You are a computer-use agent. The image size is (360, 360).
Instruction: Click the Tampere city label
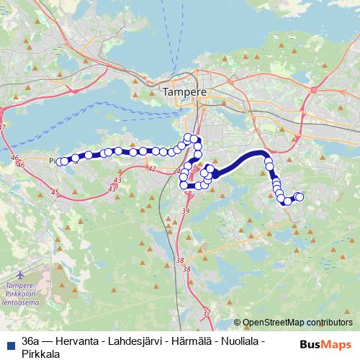[x=184, y=92]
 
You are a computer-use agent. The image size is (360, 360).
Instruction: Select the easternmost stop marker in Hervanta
[x=300, y=197]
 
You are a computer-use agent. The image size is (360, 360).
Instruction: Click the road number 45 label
[x=55, y=192]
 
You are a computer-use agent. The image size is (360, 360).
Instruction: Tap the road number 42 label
[x=151, y=168]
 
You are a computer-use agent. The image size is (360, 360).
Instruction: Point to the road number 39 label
[x=186, y=210]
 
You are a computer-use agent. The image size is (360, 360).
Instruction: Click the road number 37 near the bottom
[x=207, y=312]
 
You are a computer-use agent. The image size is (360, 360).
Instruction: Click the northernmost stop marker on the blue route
[x=189, y=138]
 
